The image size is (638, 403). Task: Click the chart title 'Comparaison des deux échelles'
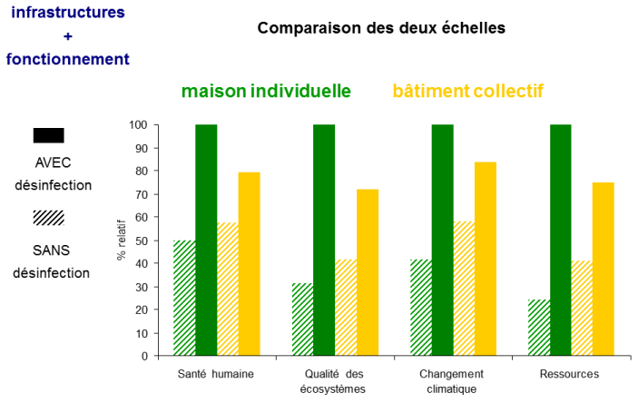[x=381, y=27]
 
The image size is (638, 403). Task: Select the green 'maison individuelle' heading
[x=266, y=91]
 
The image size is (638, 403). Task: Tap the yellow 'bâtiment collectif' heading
[x=467, y=91]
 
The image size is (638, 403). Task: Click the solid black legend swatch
[x=48, y=135]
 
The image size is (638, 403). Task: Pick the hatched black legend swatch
[x=48, y=218]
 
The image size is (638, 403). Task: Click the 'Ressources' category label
[x=569, y=374]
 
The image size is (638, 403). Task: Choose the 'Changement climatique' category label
[x=452, y=381]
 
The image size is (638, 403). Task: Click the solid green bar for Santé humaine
[x=206, y=240]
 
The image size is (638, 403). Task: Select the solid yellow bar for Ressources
[x=604, y=269]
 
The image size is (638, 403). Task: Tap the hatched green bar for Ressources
[x=539, y=328]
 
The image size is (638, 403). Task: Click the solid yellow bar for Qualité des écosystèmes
[x=368, y=272]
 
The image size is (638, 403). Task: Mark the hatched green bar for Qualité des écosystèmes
[x=302, y=319]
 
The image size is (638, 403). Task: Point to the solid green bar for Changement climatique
[x=442, y=240]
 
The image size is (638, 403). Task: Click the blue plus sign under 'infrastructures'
[x=66, y=36]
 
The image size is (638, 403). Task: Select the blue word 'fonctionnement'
[x=67, y=59]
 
